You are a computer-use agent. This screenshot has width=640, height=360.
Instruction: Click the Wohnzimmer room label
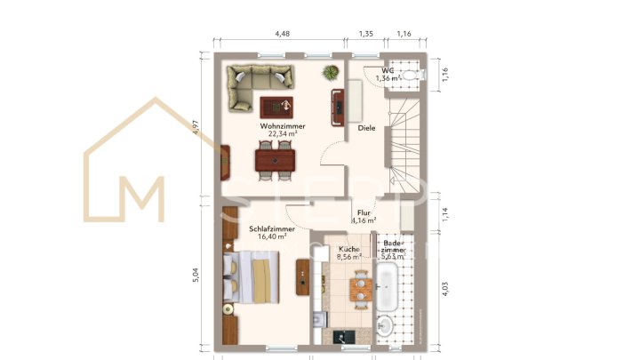[283, 126]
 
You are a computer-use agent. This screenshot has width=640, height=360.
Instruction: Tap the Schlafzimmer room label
[271, 228]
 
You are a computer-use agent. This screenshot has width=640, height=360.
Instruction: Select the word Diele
[367, 127]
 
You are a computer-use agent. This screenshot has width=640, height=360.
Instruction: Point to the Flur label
[364, 213]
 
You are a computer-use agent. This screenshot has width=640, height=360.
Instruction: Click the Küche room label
[348, 249]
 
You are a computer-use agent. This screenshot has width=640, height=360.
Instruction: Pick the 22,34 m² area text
[283, 134]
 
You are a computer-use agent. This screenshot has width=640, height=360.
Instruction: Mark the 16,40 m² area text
[271, 237]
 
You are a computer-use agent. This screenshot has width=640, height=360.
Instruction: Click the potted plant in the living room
[331, 72]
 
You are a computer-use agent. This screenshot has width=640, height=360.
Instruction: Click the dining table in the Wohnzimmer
[276, 160]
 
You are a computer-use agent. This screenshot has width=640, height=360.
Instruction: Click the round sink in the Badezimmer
[385, 326]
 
